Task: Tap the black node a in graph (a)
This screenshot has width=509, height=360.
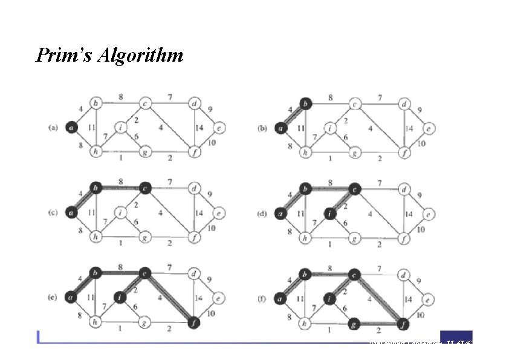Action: (71, 128)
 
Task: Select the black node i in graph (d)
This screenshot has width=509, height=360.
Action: (328, 212)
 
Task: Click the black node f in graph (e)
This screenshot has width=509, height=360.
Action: (194, 322)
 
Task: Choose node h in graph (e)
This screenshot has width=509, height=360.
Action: (95, 322)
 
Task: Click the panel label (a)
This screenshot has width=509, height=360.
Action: (53, 128)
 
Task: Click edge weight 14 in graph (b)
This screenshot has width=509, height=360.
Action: (409, 128)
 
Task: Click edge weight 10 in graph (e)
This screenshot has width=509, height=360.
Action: (210, 313)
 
